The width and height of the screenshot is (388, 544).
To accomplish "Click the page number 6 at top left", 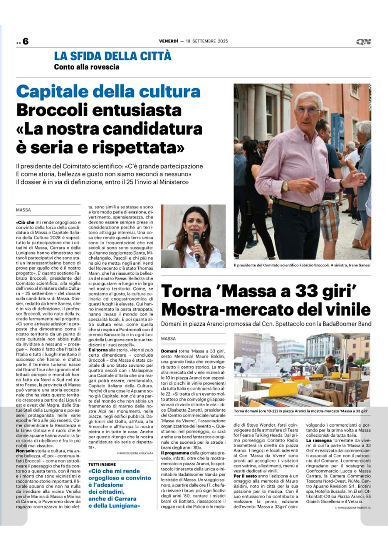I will pos(25,42).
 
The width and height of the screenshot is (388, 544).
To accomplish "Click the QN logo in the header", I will pos(363,42).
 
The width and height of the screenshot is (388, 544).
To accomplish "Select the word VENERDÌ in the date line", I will pos(169,42).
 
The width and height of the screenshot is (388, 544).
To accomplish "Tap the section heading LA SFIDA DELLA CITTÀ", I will pos(113,56).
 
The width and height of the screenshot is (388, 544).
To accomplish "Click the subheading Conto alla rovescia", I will pos(87,67).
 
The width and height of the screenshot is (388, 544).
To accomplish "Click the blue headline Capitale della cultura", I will pos(108,91).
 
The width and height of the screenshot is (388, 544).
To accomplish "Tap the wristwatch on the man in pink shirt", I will pos(286,186).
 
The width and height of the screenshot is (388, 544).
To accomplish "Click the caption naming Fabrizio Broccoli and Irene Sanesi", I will pos(302,265).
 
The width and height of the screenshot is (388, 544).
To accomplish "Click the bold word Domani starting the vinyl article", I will pos(169,351).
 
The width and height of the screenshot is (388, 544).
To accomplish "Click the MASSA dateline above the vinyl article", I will pos(168,339).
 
